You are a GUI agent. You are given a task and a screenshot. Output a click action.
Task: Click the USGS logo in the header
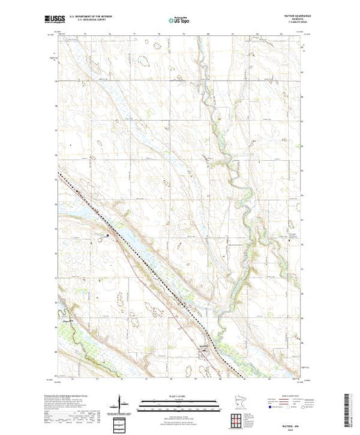click(x=70, y=20)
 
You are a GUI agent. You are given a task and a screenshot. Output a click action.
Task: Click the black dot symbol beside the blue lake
click(x=107, y=236)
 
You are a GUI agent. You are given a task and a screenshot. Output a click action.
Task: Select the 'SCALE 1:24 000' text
click(x=180, y=395)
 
